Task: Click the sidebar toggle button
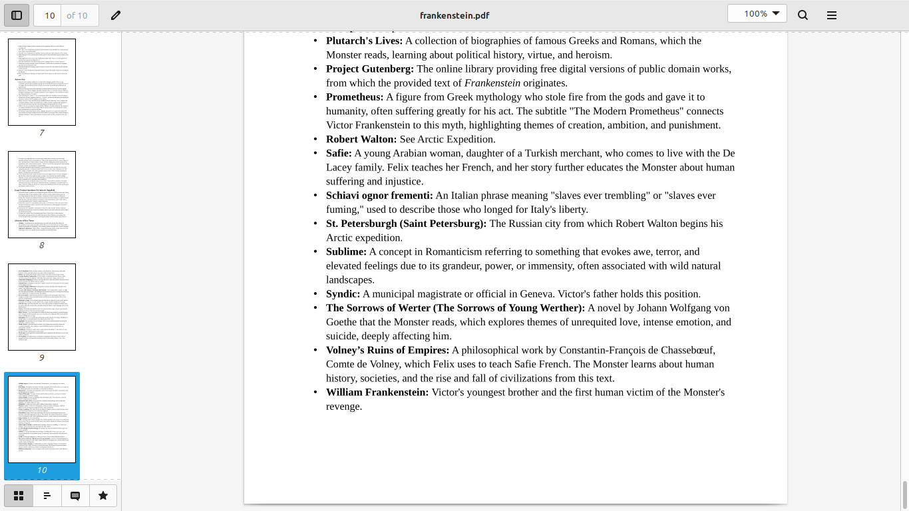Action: (x=17, y=15)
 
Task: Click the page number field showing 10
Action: (x=49, y=15)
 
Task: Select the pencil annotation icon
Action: (x=116, y=15)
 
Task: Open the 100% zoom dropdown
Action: (x=757, y=14)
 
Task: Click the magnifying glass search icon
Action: (x=803, y=15)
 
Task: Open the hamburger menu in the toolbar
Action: (x=831, y=15)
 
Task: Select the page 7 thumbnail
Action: (x=42, y=82)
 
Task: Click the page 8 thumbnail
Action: (x=42, y=194)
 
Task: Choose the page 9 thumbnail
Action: (x=42, y=307)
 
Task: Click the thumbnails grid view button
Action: (x=19, y=496)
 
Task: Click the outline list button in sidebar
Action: (x=47, y=496)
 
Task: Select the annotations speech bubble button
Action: (x=75, y=496)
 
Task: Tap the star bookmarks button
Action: (x=103, y=496)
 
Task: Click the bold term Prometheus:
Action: (x=355, y=97)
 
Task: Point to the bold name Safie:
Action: (x=339, y=153)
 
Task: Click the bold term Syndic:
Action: (x=343, y=293)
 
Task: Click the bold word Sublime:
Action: (x=346, y=252)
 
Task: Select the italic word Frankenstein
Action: (x=492, y=83)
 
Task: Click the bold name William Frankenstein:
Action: (x=377, y=392)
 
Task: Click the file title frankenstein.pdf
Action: (x=454, y=15)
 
